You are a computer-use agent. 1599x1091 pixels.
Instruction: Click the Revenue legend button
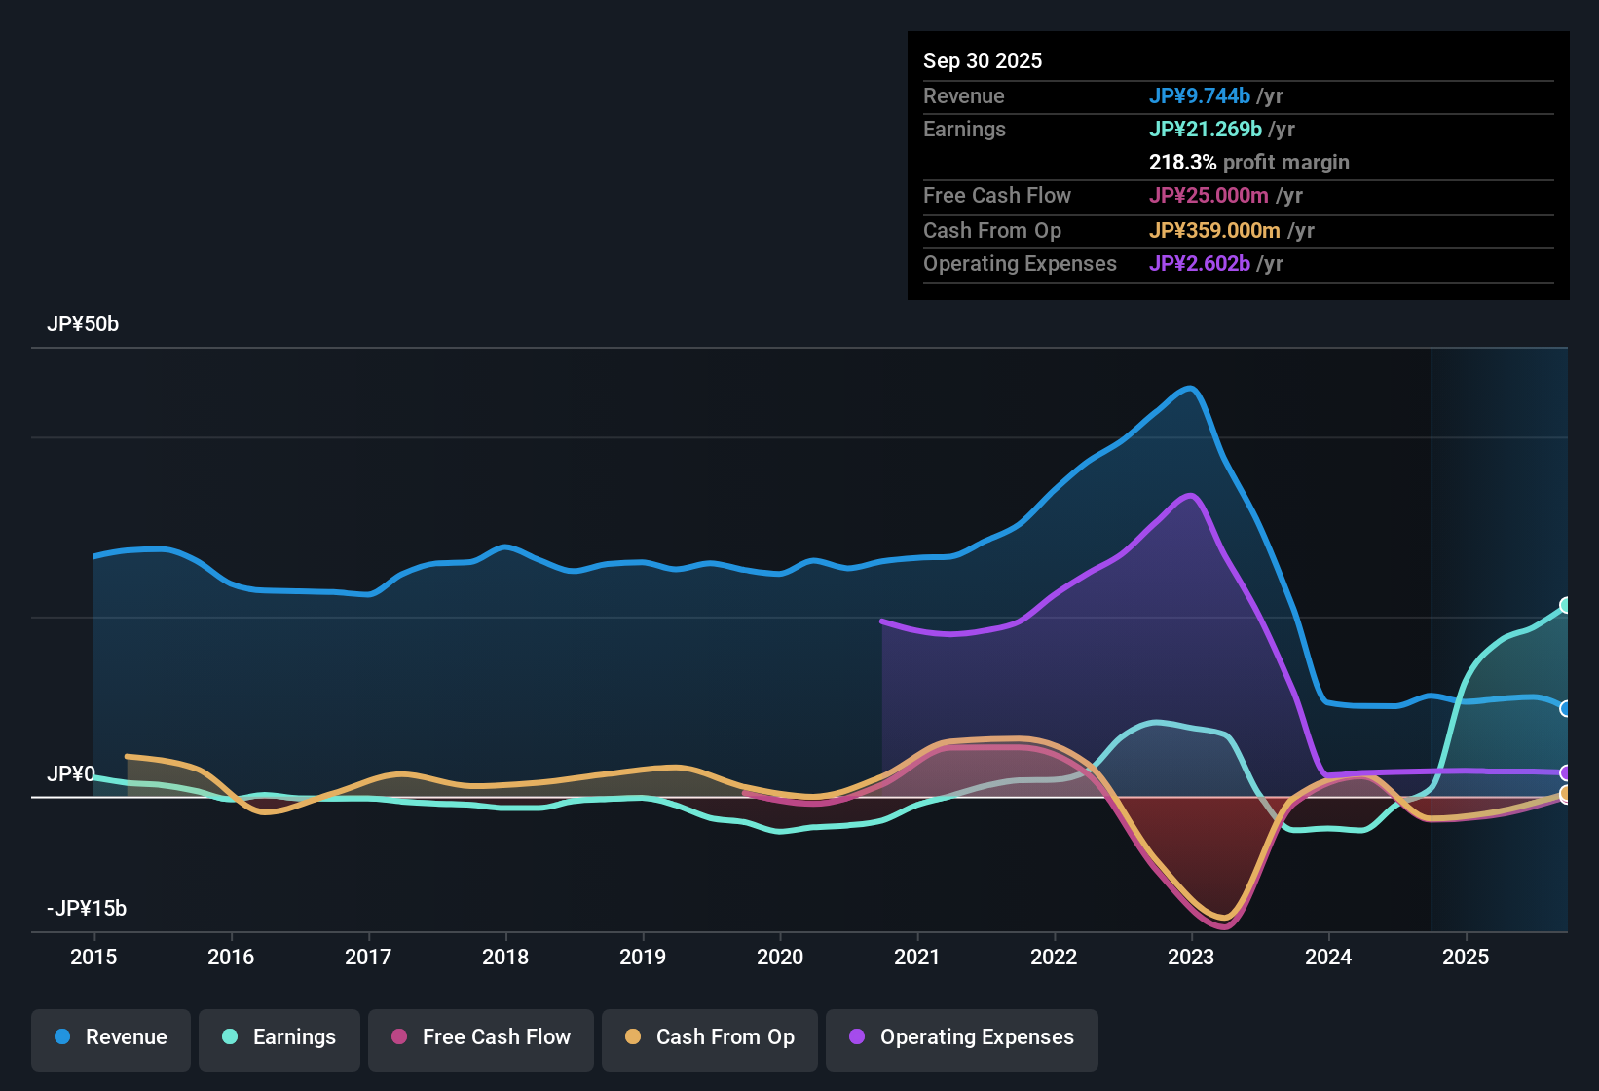(x=111, y=1037)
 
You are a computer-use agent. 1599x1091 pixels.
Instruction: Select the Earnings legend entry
(x=279, y=1037)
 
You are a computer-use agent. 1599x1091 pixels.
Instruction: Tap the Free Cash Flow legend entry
(x=481, y=1037)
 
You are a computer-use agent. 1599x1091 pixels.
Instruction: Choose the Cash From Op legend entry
(x=710, y=1037)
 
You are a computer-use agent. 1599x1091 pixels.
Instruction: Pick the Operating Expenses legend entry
(x=962, y=1037)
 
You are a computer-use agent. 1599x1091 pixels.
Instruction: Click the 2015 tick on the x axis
(x=93, y=958)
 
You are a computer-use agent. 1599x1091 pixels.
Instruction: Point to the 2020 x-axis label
(x=780, y=958)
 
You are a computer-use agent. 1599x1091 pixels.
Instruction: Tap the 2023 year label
(x=1191, y=958)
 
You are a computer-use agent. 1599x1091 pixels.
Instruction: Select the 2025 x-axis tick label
(x=1466, y=958)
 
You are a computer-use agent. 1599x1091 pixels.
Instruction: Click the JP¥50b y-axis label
(x=83, y=324)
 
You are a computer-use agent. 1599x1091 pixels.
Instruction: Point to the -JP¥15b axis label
(x=87, y=909)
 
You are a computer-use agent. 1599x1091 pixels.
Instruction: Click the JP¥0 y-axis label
(x=70, y=774)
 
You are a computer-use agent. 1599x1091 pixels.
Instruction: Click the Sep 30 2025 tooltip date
(x=983, y=61)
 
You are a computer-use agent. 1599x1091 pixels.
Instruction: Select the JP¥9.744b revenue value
(x=1199, y=96)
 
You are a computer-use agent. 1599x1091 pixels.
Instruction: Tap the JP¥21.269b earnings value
(x=1205, y=130)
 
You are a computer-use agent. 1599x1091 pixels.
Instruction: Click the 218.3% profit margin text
(x=1248, y=163)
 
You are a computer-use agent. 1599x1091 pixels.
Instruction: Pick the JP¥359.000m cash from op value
(x=1214, y=231)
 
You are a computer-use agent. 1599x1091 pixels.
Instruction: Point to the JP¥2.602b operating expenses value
(x=1199, y=264)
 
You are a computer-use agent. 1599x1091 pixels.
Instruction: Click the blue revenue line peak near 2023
(x=1190, y=388)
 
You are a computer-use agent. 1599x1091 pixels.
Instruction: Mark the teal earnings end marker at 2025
(x=1566, y=606)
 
